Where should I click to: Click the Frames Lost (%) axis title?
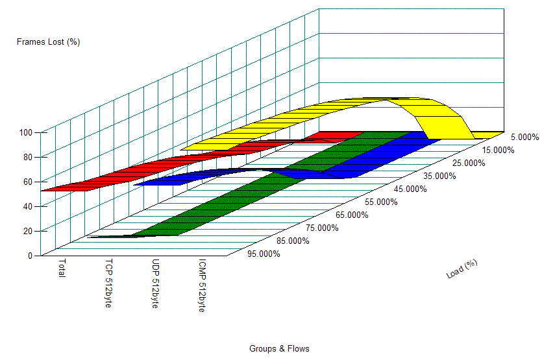click(x=48, y=42)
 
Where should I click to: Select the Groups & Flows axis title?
click(x=279, y=348)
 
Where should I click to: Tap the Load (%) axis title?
click(x=462, y=269)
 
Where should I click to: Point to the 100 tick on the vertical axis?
click(x=26, y=132)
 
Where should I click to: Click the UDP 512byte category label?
click(x=155, y=284)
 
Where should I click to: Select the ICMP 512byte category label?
click(x=202, y=286)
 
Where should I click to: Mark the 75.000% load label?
click(x=320, y=228)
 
